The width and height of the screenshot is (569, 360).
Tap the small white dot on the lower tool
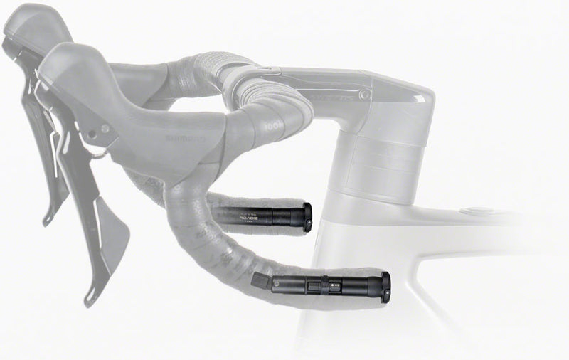(x=331, y=286)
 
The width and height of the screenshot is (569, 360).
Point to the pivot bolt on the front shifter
(x=105, y=131)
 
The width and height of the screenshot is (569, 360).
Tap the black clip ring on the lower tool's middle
(x=313, y=285)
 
